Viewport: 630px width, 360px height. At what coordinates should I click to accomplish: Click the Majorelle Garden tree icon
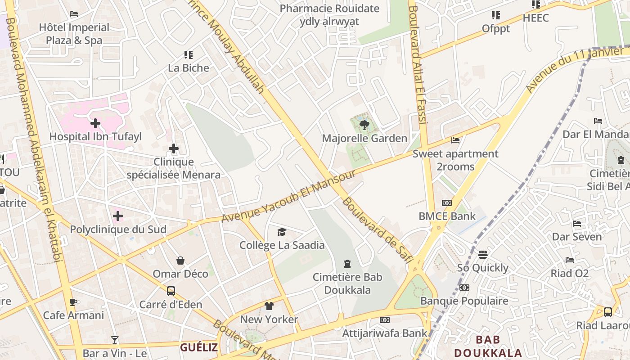point(364,125)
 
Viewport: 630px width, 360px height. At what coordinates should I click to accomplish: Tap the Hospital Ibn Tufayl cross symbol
point(95,123)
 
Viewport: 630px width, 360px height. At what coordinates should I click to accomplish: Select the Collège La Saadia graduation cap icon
point(282,232)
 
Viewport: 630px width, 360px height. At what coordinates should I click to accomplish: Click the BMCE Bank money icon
point(447,203)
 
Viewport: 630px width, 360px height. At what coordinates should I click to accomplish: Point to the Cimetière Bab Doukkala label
point(347,283)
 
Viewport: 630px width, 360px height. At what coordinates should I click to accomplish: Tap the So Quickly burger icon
point(483,255)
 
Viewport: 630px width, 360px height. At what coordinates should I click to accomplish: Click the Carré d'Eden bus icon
point(171,291)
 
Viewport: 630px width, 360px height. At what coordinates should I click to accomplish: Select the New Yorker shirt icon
point(269,306)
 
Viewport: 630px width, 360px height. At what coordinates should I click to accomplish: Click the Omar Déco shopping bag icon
point(180,261)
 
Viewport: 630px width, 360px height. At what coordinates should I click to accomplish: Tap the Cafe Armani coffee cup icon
point(73,302)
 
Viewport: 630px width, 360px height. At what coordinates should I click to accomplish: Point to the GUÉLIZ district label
point(199,347)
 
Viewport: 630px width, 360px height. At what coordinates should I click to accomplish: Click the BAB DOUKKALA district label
point(488,346)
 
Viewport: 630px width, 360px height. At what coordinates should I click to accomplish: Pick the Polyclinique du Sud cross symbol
point(118,216)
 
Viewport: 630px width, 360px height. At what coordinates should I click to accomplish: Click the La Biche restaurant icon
point(189,55)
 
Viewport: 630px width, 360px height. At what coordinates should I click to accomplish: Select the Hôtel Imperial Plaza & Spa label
point(74,34)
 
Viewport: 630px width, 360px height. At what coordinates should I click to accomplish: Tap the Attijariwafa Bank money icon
point(384,320)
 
